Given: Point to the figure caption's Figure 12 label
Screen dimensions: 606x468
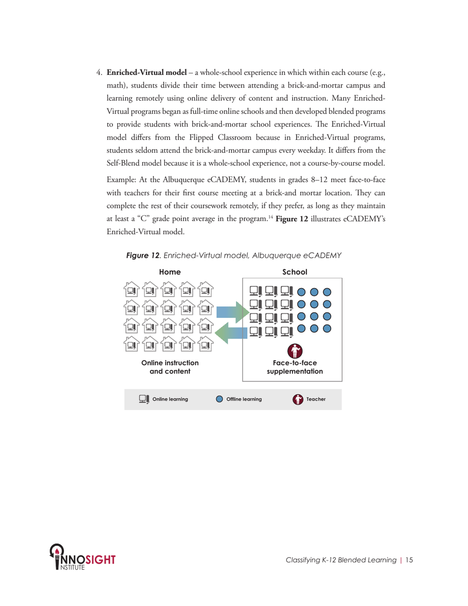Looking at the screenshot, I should pos(143,256).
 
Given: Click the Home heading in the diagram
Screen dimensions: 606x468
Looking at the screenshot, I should pos(169,271).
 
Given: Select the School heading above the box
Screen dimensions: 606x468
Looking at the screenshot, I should pos(295,271).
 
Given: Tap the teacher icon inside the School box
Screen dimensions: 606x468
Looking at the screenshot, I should pos(294,351).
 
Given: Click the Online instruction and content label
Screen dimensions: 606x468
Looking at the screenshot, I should pos(170,367).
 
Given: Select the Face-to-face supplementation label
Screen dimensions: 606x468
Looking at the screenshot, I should pos(295,367).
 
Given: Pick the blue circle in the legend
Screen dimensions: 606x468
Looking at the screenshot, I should pos(220,399).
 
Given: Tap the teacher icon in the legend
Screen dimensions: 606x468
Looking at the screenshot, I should pos(298,399).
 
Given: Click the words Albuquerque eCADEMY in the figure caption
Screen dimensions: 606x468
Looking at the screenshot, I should pos(301,256).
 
